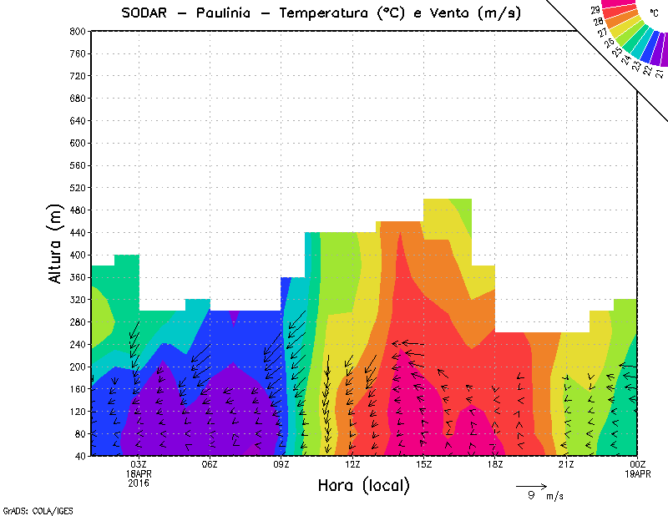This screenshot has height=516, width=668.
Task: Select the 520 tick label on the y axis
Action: tap(77, 188)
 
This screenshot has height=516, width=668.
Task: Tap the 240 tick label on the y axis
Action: tap(77, 344)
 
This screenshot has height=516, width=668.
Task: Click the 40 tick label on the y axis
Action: tap(79, 456)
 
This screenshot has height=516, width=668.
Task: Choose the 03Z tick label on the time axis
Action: tap(139, 464)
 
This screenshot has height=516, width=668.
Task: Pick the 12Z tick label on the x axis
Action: tap(352, 464)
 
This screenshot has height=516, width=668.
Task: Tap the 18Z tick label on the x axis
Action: tap(495, 464)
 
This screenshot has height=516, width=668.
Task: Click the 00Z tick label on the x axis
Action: tap(638, 464)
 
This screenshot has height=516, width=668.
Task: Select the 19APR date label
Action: tap(638, 473)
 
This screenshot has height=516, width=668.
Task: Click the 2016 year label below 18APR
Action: tap(139, 483)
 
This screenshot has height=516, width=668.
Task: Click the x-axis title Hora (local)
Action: tap(363, 485)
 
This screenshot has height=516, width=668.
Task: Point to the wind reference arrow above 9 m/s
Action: tap(531, 485)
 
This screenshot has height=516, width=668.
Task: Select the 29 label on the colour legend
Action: tap(595, 9)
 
